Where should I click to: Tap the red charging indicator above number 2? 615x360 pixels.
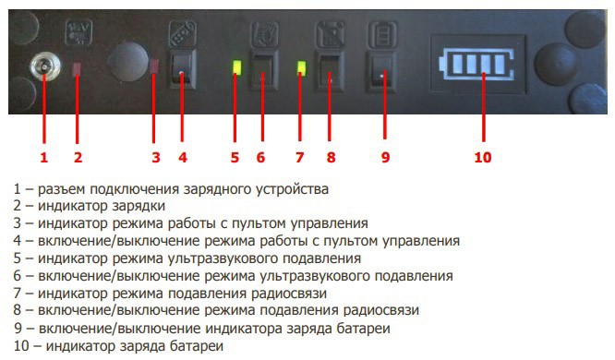tap(78, 69)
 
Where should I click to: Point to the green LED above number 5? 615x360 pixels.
tap(235, 67)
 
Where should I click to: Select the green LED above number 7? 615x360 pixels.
tap(300, 66)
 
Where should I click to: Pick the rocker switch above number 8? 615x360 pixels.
tap(327, 67)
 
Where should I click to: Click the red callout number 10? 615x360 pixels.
tap(482, 158)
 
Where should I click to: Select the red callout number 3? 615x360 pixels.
tap(156, 158)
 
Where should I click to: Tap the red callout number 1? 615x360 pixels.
tap(42, 158)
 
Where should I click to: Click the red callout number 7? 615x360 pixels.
tap(299, 158)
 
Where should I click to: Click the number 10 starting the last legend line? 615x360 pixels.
tap(19, 346)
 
